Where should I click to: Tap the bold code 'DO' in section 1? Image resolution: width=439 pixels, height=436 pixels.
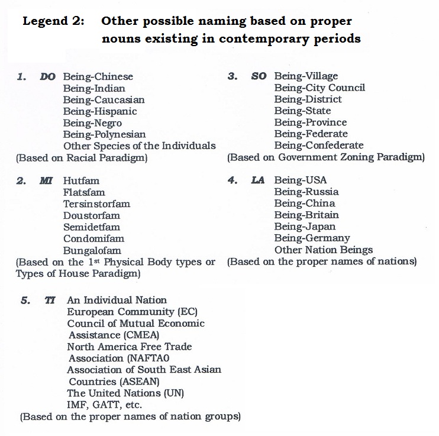coord(47,77)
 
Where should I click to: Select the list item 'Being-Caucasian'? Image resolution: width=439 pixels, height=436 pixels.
coord(104,100)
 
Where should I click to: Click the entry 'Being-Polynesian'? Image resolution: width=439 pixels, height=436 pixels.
coord(104,134)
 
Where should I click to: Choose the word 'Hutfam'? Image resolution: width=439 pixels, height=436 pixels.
coord(81,180)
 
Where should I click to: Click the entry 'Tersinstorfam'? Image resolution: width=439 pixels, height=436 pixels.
coord(96,204)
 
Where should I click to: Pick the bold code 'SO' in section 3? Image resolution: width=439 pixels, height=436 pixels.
coord(259,76)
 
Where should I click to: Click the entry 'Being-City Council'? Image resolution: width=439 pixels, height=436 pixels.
coord(319,88)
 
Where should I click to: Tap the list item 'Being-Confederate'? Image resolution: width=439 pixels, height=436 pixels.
coord(318,146)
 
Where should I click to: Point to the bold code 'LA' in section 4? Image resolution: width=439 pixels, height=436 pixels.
coord(257,180)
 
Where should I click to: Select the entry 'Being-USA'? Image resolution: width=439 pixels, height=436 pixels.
coord(300,180)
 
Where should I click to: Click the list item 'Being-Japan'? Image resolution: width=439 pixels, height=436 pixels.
coord(305,227)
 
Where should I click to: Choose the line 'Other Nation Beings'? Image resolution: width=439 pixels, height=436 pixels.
coord(323,250)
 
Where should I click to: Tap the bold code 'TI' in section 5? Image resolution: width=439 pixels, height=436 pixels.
coord(50,301)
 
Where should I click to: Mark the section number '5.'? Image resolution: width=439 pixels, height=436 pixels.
coord(25,301)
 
